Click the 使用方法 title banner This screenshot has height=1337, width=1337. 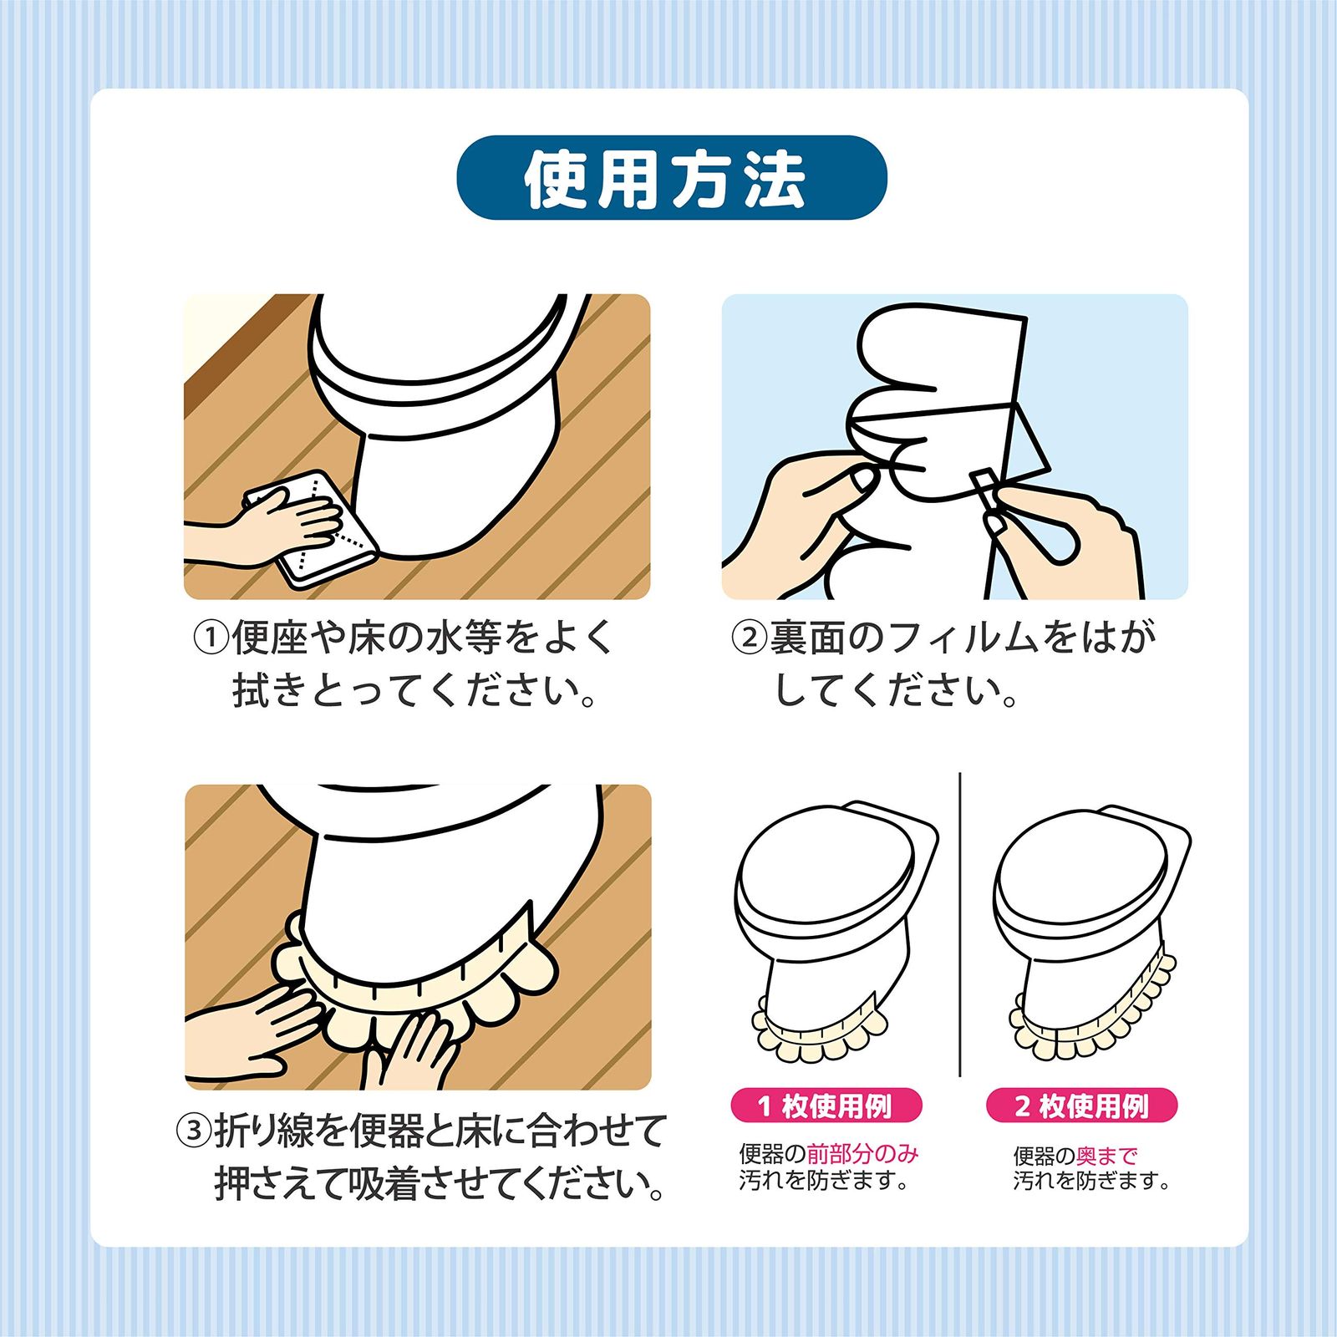pos(671,178)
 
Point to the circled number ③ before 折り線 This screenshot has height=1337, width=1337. pos(194,1131)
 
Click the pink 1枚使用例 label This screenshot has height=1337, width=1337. pos(826,1106)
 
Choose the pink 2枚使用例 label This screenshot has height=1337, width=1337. pos(1082,1106)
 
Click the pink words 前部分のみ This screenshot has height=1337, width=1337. pos(862,1154)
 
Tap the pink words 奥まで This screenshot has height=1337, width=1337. pos(1107,1156)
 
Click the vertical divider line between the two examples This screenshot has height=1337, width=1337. pos(960,924)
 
